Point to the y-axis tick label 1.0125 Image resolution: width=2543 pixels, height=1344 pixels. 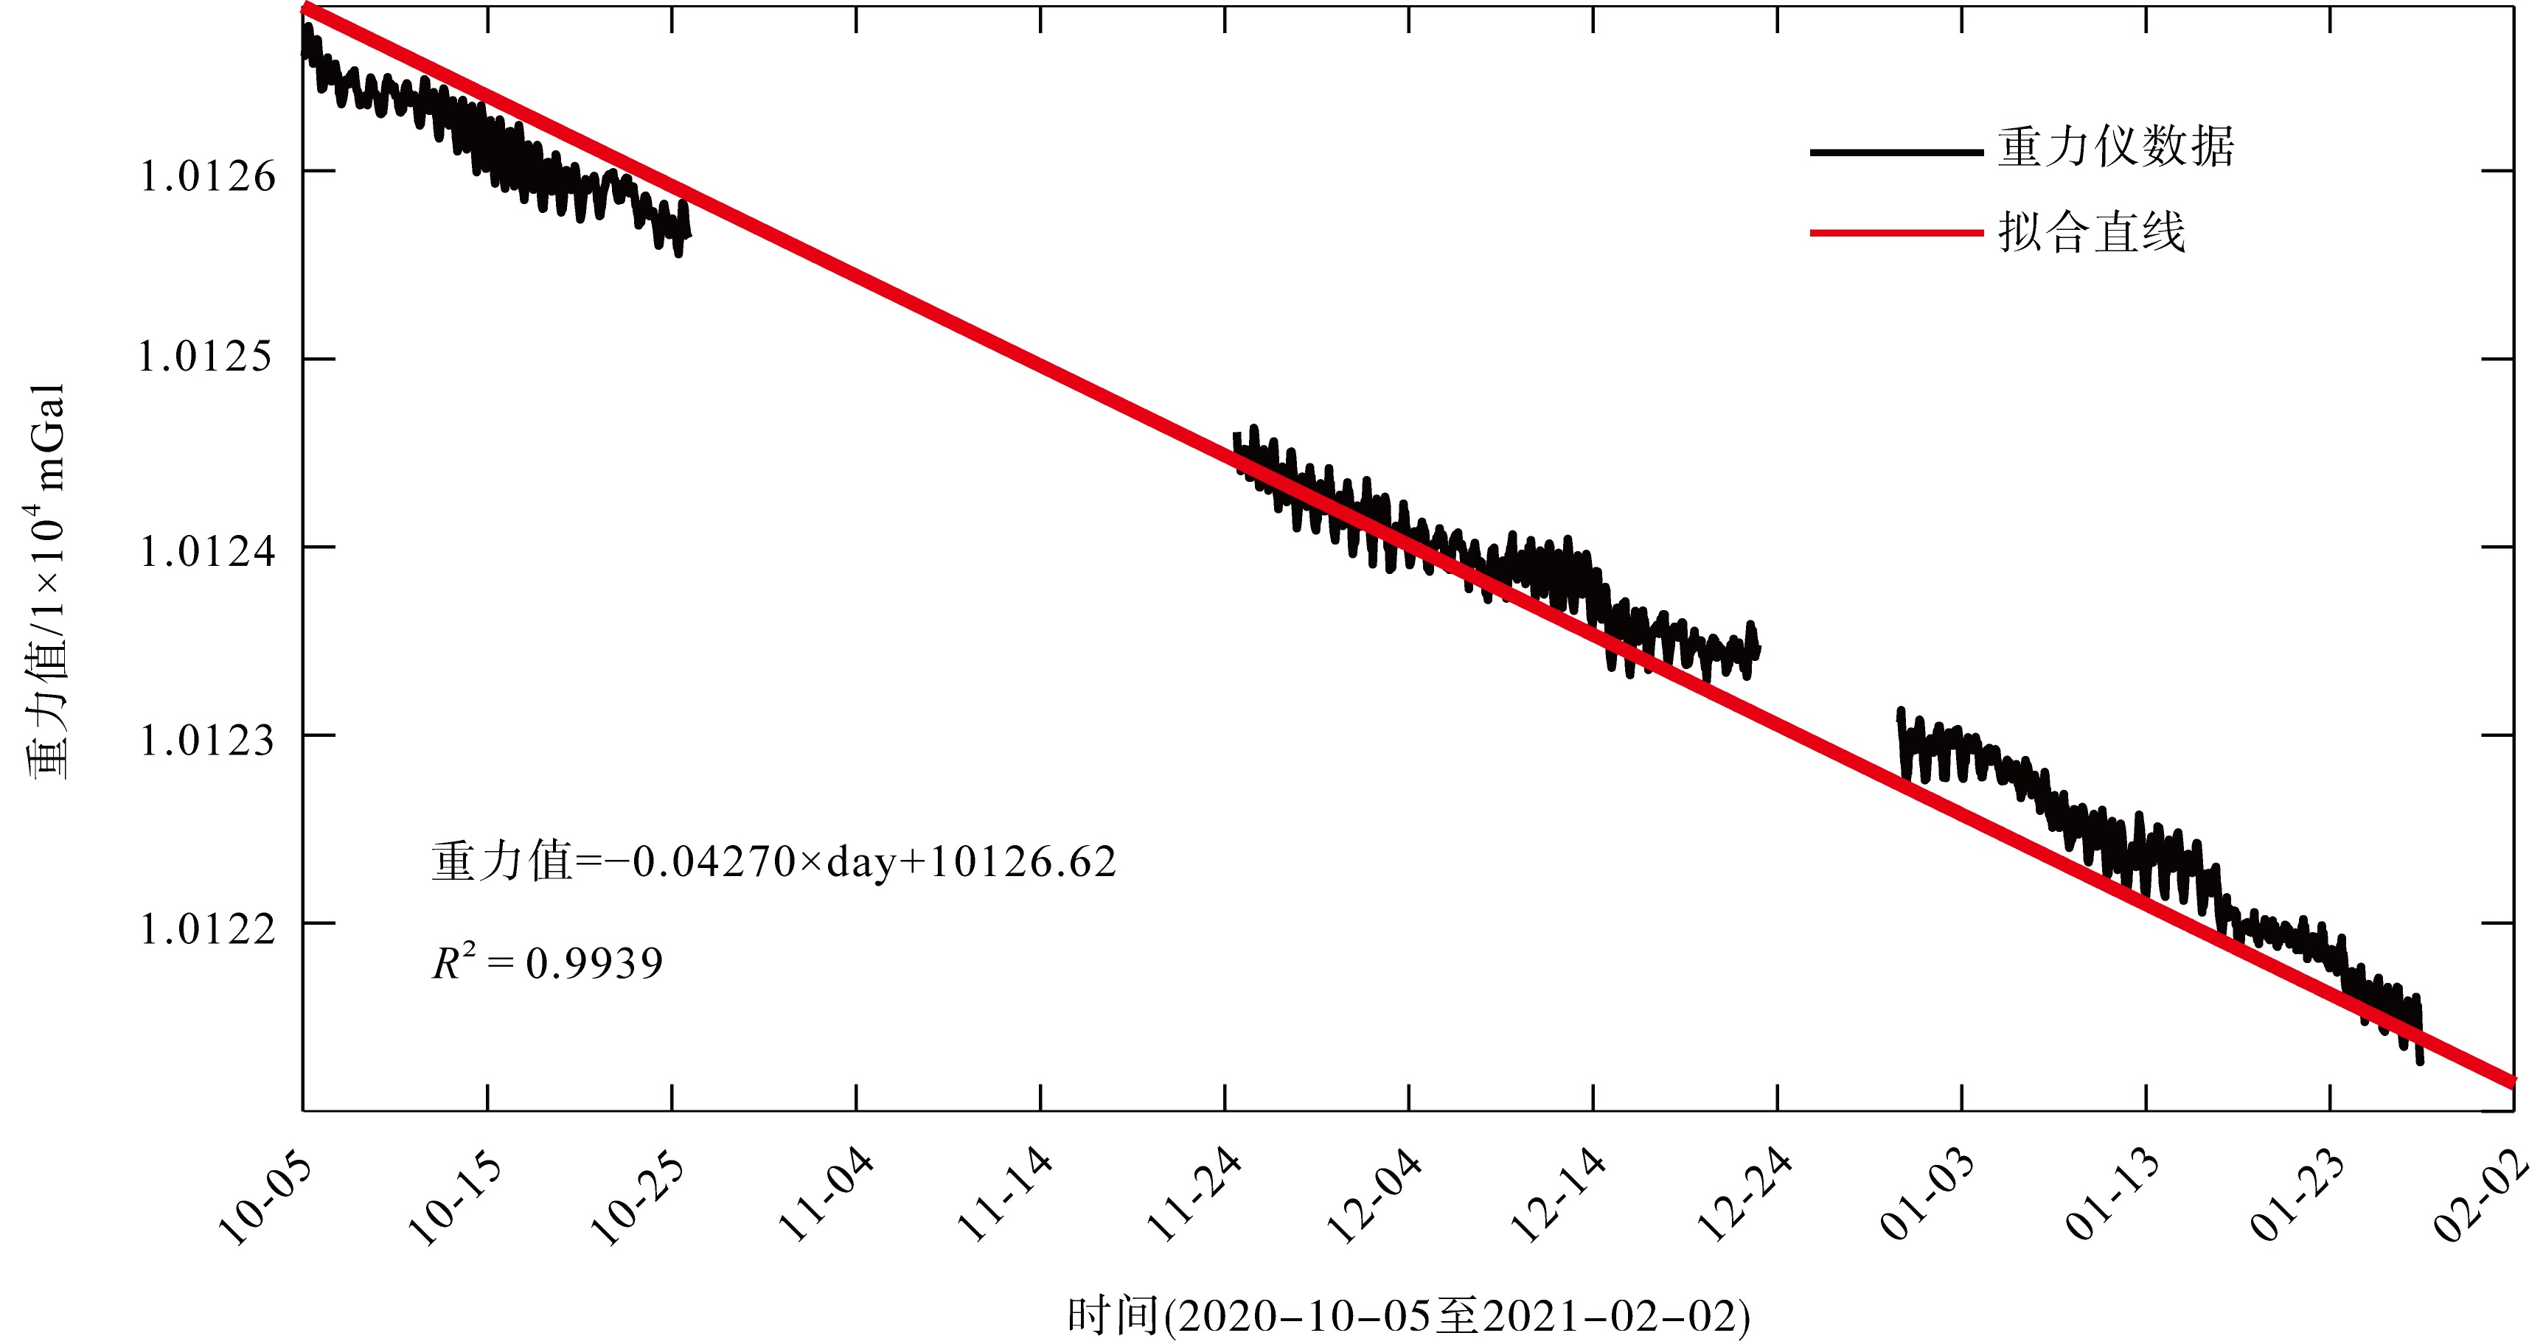[206, 357]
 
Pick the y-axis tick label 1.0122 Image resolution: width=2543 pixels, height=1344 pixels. [206, 928]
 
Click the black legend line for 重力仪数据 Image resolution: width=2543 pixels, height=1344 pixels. [1896, 152]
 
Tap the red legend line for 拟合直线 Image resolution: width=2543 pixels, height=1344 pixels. [1896, 233]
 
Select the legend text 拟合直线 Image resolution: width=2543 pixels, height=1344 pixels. [2091, 233]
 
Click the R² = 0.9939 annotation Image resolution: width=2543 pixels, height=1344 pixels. [548, 963]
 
